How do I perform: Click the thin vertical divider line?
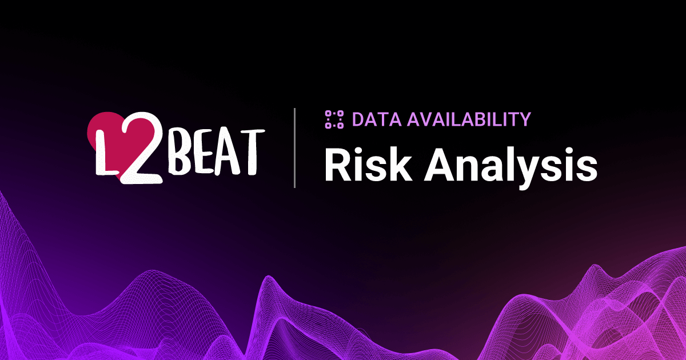click(295, 147)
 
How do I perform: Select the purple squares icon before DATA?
click(333, 119)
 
